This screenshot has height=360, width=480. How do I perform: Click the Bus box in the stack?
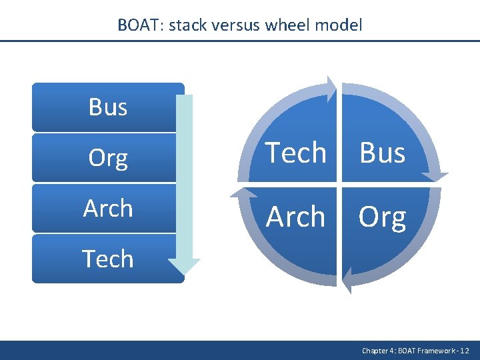108,107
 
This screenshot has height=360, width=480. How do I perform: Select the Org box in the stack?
108,158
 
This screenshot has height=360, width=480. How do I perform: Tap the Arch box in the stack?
108,209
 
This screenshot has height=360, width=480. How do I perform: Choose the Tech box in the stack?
108,259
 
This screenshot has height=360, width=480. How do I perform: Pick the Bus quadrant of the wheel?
383,153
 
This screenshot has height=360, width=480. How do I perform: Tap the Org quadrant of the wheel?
383,217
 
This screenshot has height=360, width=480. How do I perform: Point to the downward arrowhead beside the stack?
184,264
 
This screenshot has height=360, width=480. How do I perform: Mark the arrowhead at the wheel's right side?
435,175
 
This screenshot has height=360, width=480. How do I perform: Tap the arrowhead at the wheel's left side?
241,195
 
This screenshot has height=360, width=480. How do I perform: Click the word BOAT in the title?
140,25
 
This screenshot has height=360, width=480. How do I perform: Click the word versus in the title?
238,25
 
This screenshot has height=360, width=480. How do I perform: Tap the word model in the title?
341,25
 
